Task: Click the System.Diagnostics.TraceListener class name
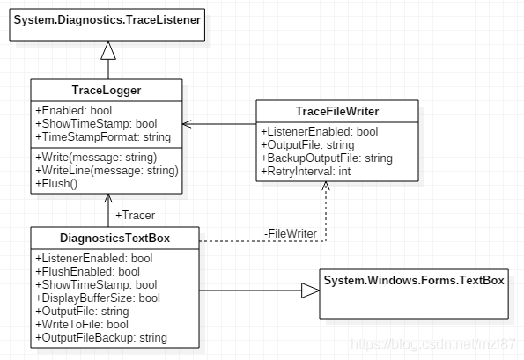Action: tap(107, 19)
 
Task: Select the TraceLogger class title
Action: tap(107, 90)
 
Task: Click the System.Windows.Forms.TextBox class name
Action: tap(414, 280)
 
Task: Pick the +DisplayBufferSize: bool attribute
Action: tap(96, 298)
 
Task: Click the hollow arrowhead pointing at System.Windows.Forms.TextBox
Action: tap(308, 290)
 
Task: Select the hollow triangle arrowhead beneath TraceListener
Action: tap(107, 51)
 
